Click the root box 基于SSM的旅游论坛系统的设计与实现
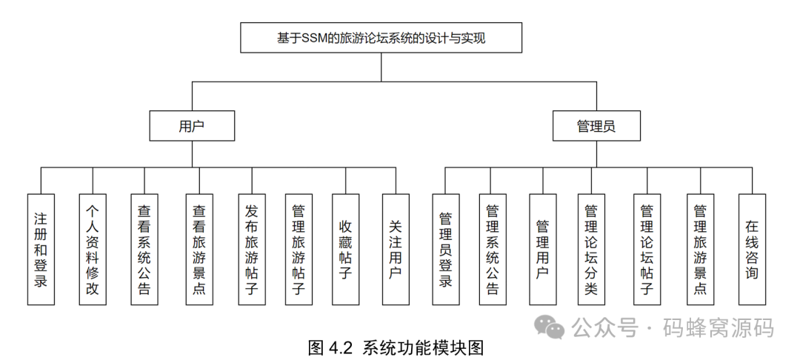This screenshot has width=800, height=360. [381, 38]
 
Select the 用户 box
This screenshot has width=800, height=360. [192, 126]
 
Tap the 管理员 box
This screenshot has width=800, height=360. [596, 126]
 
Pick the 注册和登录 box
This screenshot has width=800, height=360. [41, 249]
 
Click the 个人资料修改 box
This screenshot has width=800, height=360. [93, 249]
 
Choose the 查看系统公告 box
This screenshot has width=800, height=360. [144, 249]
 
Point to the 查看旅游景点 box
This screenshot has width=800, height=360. [199, 249]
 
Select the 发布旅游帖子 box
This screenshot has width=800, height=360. [252, 249]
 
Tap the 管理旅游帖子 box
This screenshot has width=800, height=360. [299, 249]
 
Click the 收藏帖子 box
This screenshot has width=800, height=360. [345, 249]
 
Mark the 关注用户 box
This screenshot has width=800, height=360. [396, 249]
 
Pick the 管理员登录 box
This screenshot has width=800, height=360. [445, 249]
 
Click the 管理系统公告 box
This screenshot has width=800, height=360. [492, 249]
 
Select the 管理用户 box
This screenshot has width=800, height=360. [542, 249]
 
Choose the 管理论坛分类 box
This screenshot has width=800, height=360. [591, 249]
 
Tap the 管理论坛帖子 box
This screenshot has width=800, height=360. [647, 249]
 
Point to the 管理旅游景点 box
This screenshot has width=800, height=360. [699, 249]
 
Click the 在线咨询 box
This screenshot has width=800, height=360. [752, 249]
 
